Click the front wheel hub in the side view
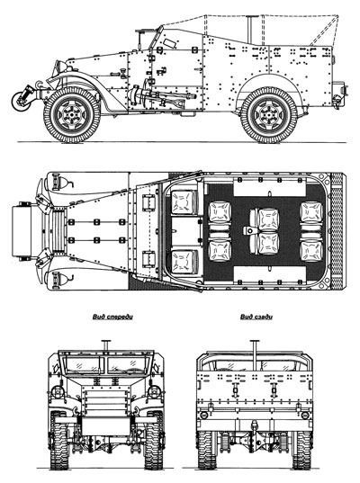click(71, 115)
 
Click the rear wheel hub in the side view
click(269, 115)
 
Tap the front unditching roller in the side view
click(22, 101)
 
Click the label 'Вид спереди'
click(112, 317)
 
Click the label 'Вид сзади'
click(256, 317)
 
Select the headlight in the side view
click(59, 67)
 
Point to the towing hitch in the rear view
click(255, 427)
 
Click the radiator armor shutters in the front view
click(105, 401)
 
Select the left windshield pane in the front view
click(83, 364)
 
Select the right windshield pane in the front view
click(127, 364)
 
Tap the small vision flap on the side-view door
click(168, 43)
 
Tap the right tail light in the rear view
click(305, 415)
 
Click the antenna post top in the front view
click(105, 341)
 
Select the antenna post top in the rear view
click(255, 341)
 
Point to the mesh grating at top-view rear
click(337, 231)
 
